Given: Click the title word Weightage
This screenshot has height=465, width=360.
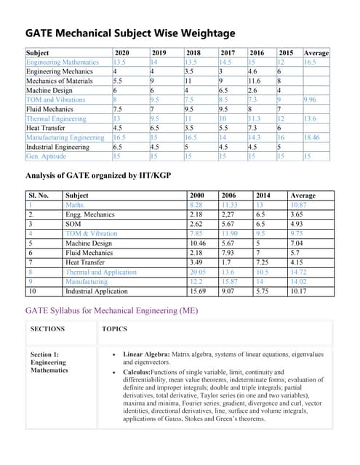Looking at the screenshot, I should (201, 33).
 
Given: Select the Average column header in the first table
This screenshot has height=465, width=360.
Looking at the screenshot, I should (316, 53).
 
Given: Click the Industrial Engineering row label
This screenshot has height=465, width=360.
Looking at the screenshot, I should (57, 147).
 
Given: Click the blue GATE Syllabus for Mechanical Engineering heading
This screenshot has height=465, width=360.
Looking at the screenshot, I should (111, 311).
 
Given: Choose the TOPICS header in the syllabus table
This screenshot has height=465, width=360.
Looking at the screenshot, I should (114, 329).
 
